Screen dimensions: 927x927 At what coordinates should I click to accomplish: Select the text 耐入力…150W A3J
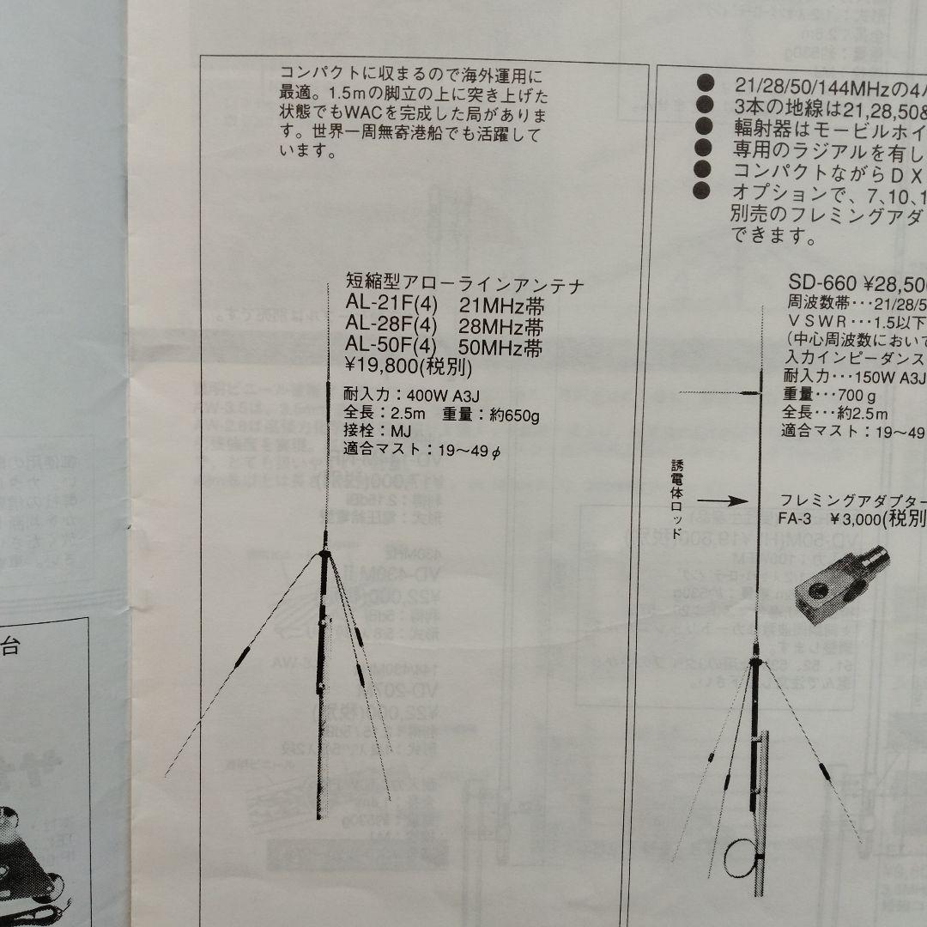pyautogui.click(x=853, y=376)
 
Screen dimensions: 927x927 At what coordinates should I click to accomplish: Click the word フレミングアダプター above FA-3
pyautogui.click(x=850, y=501)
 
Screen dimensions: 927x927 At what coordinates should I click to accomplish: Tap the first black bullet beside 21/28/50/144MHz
pyautogui.click(x=706, y=84)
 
